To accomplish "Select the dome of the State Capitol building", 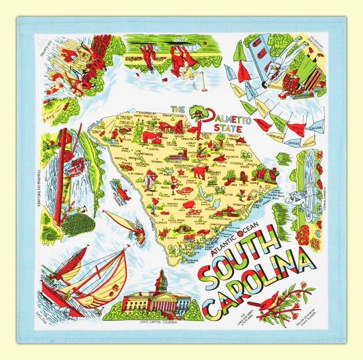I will pyautogui.click(x=160, y=281).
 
